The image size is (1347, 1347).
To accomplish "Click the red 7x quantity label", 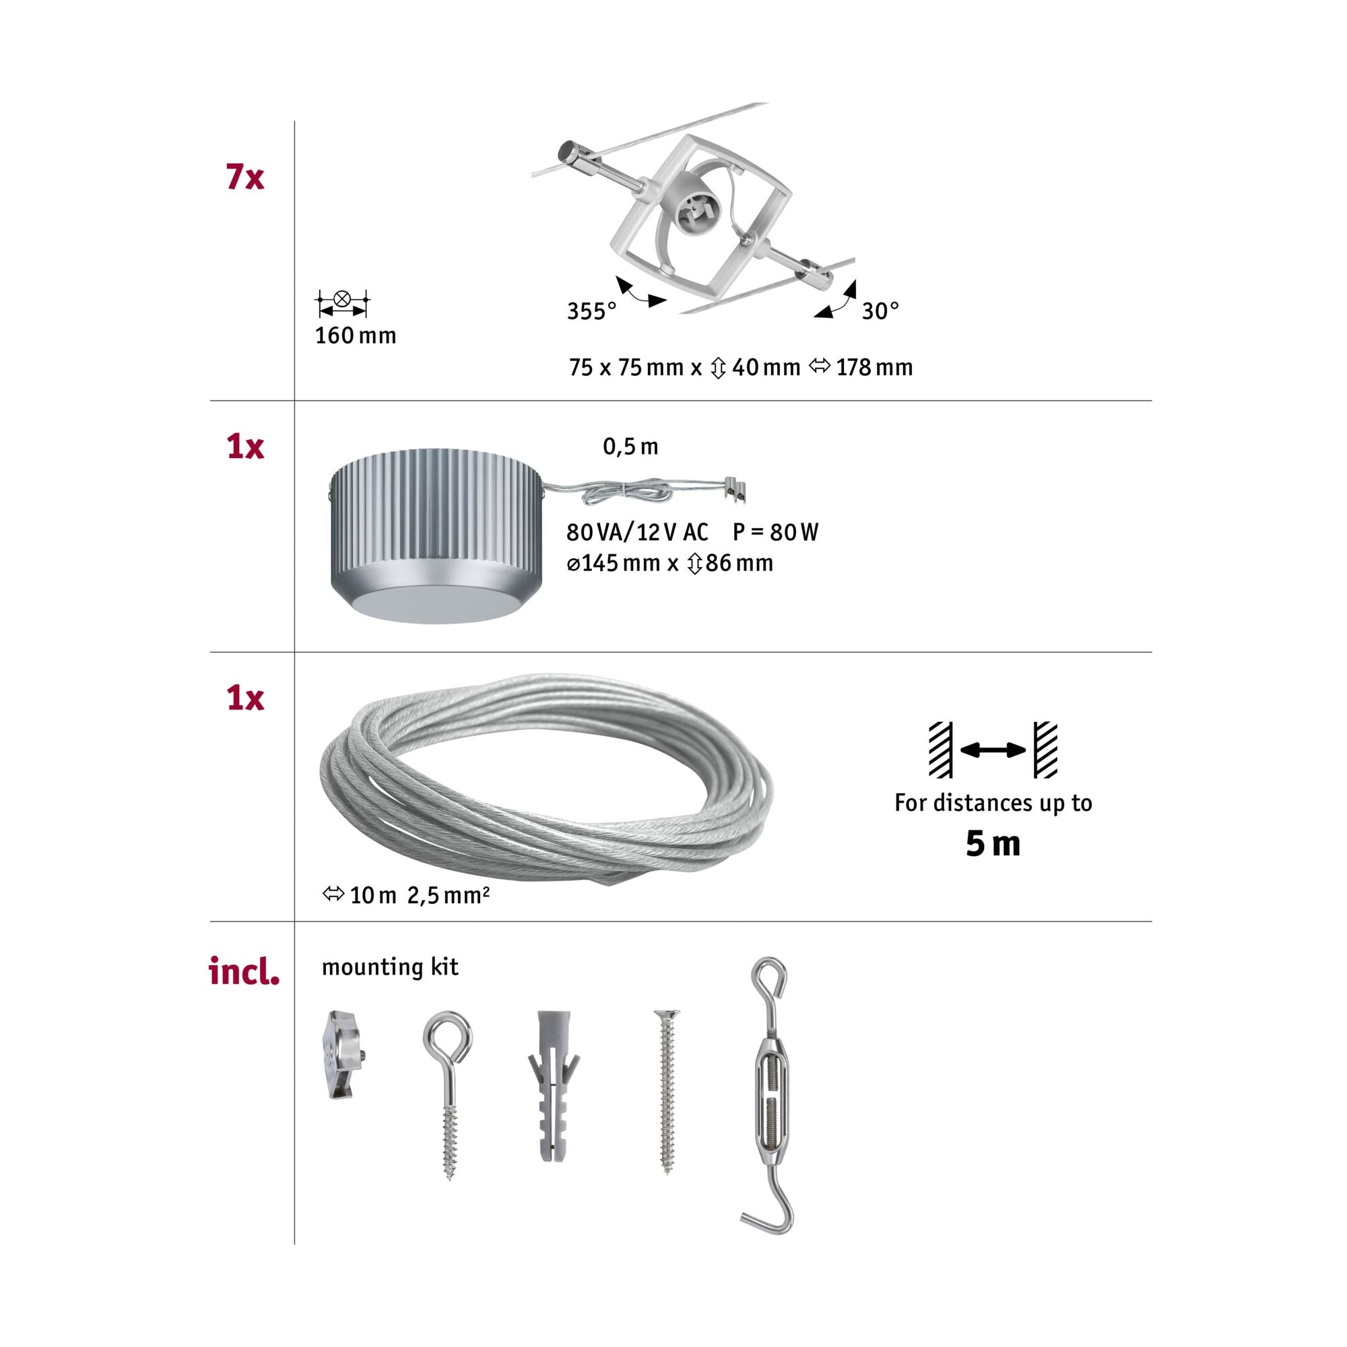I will click(x=244, y=177).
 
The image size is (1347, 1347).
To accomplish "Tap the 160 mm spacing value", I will click(x=356, y=336).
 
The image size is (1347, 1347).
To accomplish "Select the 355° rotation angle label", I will click(x=591, y=311).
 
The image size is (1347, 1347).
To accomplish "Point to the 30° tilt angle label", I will click(x=880, y=311).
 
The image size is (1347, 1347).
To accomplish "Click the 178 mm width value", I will click(x=874, y=368).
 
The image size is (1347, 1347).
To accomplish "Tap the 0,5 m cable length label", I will click(x=630, y=447).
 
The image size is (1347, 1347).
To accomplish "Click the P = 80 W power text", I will click(x=775, y=532).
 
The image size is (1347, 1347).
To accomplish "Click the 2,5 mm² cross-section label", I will click(x=449, y=895).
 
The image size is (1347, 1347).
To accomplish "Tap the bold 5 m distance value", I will click(x=993, y=845).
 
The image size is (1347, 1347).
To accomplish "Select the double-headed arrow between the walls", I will click(x=993, y=750).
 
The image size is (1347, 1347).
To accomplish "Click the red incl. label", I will click(x=244, y=971).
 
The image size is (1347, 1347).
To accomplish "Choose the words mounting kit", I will click(x=390, y=968).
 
